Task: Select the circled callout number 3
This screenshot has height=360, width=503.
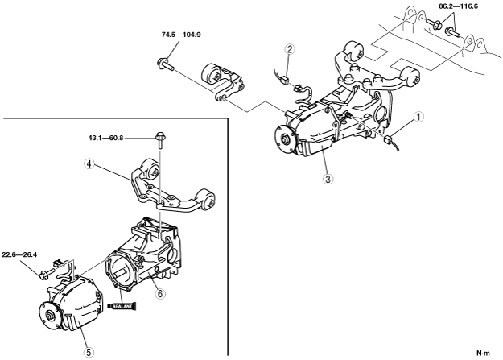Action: point(325,180)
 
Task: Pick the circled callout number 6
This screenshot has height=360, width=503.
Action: point(161,295)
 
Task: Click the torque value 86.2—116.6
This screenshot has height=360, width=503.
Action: point(451,6)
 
